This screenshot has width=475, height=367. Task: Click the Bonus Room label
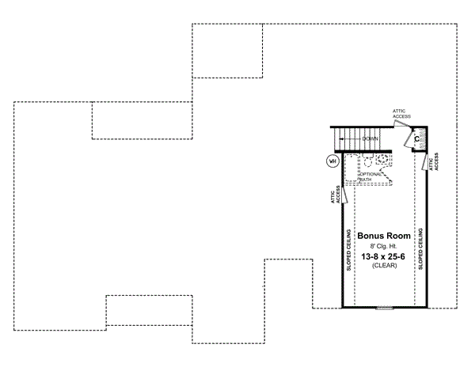[x=384, y=236]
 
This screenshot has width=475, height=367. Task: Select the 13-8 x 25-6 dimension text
[x=384, y=257]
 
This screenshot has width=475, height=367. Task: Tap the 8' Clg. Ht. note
[x=384, y=246]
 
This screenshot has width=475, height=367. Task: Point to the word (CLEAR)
[x=384, y=267]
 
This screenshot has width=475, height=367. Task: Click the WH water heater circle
[x=332, y=161]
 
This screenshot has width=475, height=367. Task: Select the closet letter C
[x=416, y=139]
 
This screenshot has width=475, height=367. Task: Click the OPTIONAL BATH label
[x=370, y=176]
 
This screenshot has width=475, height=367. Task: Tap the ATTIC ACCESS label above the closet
[x=401, y=115]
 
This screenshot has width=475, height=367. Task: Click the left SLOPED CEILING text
[x=348, y=252]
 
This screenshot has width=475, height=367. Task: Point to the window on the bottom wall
[x=385, y=307]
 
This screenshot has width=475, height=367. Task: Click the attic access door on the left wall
[x=346, y=195]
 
